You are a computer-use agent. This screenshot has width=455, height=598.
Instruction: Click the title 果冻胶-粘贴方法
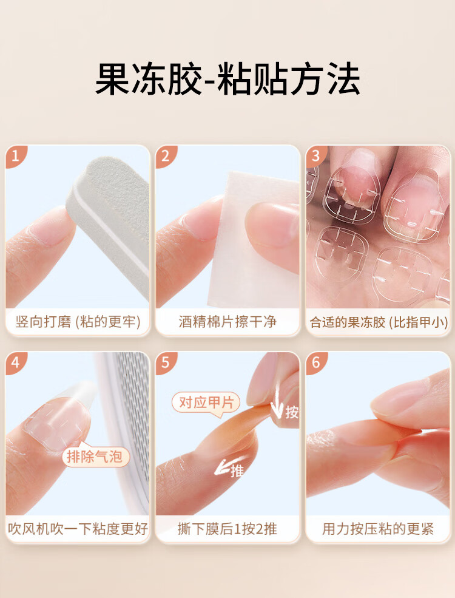227,79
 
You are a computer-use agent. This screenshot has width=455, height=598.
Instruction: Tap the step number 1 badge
15,155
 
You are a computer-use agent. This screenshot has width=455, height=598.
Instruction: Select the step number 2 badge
166,155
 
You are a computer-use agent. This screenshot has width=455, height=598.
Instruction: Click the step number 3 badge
315,155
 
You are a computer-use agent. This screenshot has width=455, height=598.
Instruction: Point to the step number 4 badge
15,362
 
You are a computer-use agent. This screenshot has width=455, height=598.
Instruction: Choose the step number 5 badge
166,362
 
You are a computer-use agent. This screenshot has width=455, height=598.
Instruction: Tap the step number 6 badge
315,362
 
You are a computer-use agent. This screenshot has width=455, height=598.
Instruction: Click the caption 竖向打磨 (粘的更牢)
78,322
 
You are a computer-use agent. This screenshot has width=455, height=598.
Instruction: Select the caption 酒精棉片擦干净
227,322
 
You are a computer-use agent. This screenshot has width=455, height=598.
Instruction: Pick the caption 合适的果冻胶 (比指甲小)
379,322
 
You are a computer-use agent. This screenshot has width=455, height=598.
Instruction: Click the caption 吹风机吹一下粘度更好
78,529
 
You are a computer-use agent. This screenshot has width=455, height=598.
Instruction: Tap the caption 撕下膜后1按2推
227,529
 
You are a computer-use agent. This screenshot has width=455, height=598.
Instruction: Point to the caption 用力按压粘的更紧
378,529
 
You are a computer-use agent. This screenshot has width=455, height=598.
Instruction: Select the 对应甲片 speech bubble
206,403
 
